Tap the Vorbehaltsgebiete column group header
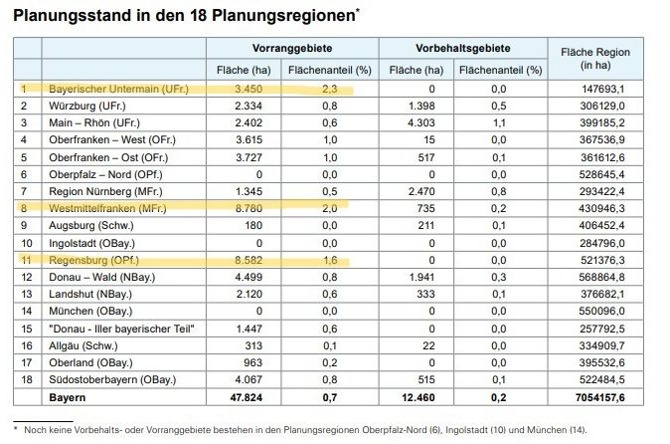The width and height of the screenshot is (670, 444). pos(463,47)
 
